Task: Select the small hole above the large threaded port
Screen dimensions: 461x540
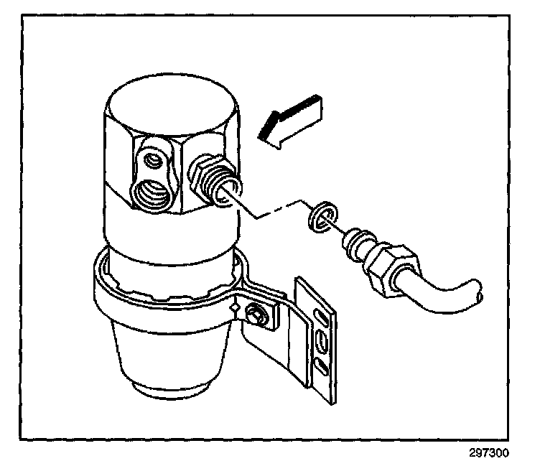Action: [x=152, y=159]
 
